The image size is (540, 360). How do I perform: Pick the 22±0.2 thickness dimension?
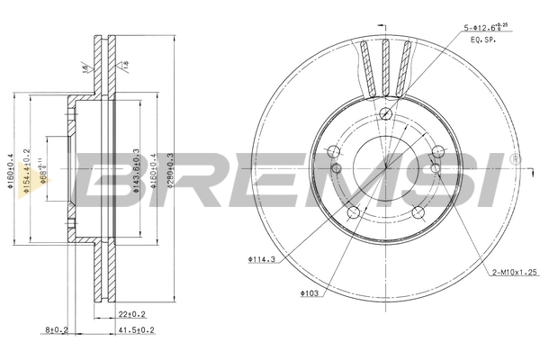(x=133, y=313)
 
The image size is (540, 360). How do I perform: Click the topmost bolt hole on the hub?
(x=385, y=113)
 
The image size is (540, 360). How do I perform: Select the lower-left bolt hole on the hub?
(x=354, y=211)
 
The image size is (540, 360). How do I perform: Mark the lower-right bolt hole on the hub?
(x=418, y=211)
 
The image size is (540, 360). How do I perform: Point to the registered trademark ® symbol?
(x=515, y=159)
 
